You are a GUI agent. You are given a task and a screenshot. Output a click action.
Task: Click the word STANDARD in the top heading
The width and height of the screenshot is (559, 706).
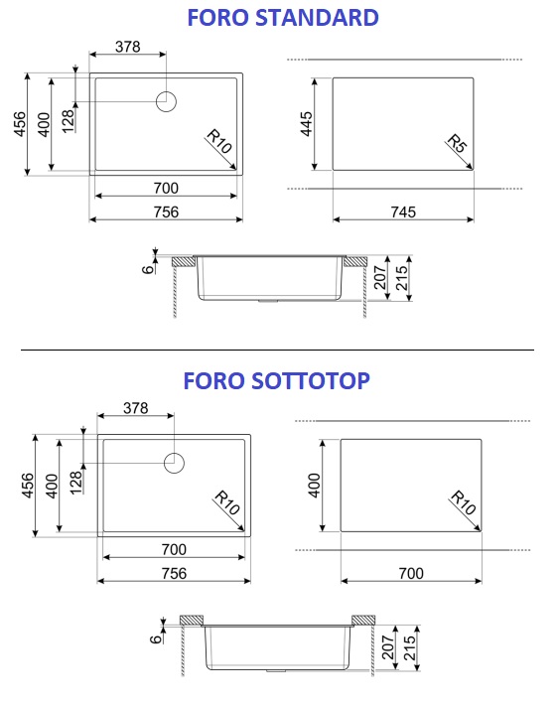tap(317, 18)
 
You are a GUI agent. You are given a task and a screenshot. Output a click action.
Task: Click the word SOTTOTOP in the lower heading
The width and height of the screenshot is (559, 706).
tap(311, 381)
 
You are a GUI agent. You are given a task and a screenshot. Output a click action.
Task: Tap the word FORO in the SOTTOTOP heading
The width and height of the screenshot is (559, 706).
tap(213, 381)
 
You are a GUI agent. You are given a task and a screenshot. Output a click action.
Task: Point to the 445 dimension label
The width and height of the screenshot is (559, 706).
tap(306, 124)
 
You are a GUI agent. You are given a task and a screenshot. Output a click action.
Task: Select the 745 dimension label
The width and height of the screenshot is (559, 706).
tap(403, 212)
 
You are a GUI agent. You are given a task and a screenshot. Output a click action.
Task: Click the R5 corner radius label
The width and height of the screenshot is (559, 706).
tap(458, 144)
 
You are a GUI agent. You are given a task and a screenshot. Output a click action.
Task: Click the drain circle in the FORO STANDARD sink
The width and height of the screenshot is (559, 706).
tap(166, 101)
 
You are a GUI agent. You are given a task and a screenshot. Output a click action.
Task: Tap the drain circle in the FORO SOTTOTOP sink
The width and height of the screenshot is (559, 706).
tap(174, 463)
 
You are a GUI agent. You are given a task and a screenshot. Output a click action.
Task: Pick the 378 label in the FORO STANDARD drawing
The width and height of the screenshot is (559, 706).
tap(128, 47)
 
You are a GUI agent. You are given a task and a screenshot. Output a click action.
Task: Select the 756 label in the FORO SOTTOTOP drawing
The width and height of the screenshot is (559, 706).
tap(174, 573)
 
